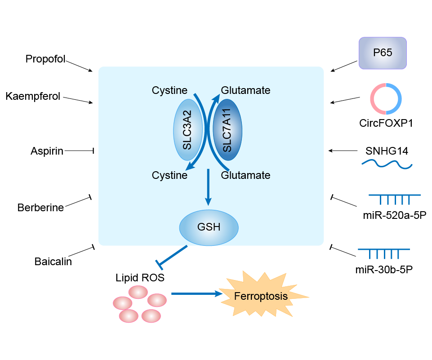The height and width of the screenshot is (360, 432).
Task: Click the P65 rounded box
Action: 383,53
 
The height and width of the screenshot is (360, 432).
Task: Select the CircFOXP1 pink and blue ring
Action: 386,98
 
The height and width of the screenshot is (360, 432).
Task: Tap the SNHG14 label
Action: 387,151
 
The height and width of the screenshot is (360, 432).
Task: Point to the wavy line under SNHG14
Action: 387,165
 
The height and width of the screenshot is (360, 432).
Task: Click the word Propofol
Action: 45,59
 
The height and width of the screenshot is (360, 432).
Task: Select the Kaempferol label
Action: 33,96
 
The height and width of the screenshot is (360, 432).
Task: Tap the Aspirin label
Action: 47,151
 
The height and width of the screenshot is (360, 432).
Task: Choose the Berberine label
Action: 40,208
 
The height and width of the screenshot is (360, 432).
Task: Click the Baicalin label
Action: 53,262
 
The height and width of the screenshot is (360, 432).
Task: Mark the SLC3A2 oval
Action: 187,130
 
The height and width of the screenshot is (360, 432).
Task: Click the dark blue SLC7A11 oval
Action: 227,130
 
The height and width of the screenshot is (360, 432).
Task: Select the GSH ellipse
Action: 209,227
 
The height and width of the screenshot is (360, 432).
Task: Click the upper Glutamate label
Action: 245,90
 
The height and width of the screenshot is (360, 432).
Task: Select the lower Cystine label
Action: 169,175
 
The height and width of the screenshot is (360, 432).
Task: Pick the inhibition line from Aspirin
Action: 78,151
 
